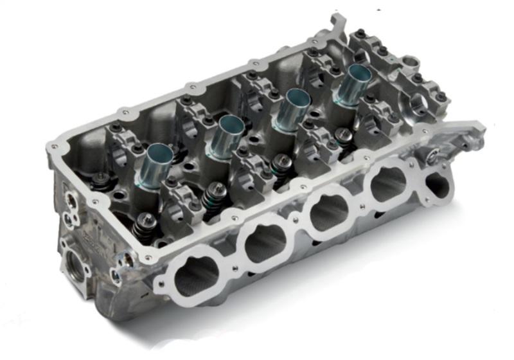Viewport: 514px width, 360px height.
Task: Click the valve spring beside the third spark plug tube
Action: (281, 167)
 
